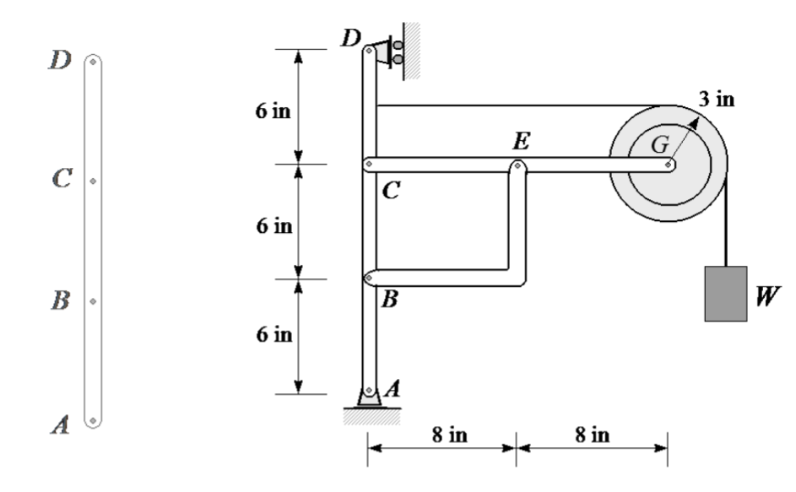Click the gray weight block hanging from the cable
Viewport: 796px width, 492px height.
725,293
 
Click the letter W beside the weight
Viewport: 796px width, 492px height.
768,296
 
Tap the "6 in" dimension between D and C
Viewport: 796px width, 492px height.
274,113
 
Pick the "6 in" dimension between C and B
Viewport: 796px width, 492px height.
274,225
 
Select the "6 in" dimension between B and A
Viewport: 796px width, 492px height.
274,335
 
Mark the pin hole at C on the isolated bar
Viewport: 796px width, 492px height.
93,181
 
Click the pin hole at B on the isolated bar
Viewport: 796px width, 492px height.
93,300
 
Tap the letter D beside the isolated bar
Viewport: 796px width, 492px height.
60,61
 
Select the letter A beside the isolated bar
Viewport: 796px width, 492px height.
60,426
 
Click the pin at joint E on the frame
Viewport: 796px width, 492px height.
516,166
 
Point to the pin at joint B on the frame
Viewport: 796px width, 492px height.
369,277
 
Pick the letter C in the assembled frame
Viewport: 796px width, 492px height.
391,192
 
